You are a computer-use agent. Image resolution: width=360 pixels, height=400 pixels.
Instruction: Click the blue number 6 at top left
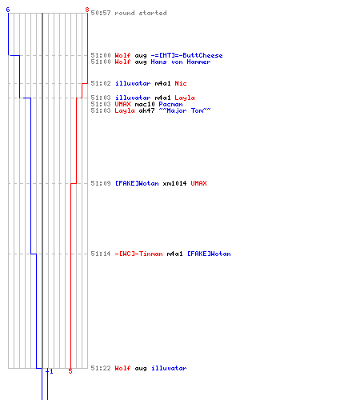click(8, 10)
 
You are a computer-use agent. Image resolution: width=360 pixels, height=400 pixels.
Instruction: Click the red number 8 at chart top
click(87, 10)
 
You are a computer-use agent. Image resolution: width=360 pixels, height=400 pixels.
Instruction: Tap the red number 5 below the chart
click(70, 371)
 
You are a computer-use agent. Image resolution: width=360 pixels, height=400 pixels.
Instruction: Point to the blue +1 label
click(50, 371)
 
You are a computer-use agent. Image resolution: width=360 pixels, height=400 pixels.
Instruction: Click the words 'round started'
click(141, 13)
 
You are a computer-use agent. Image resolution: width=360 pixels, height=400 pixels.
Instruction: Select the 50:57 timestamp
click(101, 13)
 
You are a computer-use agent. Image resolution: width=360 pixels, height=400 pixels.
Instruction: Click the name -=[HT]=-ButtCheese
click(186, 55)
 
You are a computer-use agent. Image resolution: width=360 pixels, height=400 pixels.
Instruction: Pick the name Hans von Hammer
click(181, 62)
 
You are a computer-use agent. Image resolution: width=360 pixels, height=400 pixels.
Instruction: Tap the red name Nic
click(181, 83)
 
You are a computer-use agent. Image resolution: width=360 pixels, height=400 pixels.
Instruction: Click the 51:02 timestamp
click(101, 83)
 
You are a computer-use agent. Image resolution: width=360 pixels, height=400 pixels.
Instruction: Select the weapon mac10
click(145, 104)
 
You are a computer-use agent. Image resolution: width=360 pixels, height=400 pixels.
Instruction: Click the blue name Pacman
click(170, 104)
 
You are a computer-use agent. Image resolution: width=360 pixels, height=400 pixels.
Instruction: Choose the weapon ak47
click(146, 110)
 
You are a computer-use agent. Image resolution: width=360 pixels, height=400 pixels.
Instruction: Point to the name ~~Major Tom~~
click(185, 110)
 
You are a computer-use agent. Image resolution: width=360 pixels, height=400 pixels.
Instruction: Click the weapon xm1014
click(174, 183)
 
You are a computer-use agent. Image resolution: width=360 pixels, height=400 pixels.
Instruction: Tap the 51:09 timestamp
click(101, 183)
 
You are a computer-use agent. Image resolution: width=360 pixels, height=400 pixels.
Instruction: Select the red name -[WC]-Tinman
click(138, 254)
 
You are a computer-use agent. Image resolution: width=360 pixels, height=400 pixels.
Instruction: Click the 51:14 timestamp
click(101, 254)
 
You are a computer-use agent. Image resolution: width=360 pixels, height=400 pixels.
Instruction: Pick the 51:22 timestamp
click(101, 368)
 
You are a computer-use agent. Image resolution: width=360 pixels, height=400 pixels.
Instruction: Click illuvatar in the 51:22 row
click(169, 368)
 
